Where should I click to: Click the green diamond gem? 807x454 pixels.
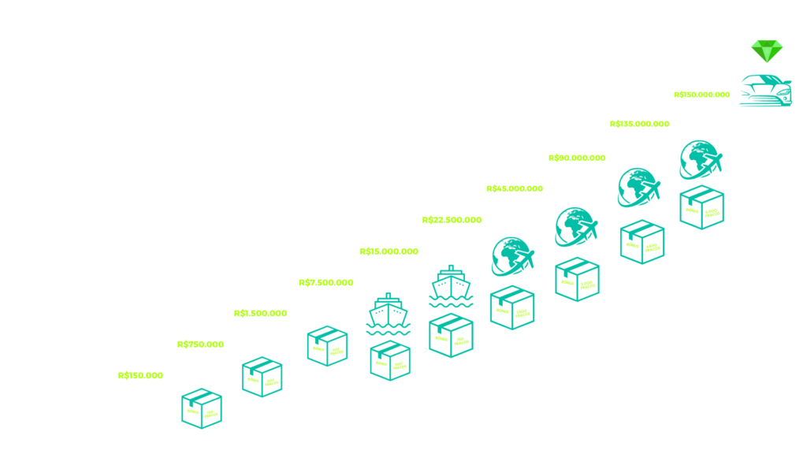click(766, 50)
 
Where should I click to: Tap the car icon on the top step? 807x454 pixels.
click(765, 90)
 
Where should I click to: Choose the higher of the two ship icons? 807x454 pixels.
click(451, 285)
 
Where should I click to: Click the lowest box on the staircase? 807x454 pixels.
click(201, 407)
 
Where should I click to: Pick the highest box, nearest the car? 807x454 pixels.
click(701, 207)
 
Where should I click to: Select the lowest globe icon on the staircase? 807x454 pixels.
click(512, 256)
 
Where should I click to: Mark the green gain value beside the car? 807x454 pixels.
click(702, 95)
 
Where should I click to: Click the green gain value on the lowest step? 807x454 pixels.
click(141, 376)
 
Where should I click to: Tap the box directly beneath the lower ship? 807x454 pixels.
click(390, 360)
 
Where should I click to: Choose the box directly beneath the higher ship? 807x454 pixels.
click(451, 334)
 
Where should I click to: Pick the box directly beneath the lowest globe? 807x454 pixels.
click(512, 307)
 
